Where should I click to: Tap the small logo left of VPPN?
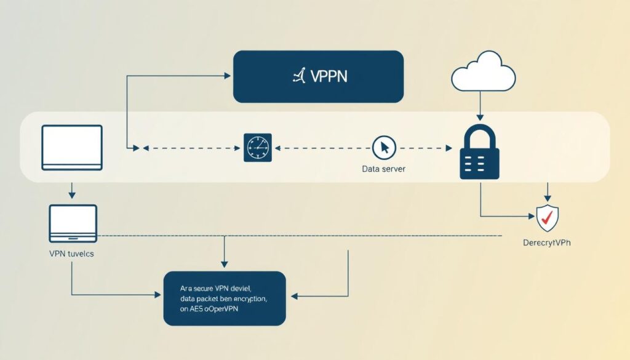(x=299, y=76)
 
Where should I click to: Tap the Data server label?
(x=384, y=169)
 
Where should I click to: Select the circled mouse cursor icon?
(x=385, y=148)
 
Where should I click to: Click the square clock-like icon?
(x=257, y=148)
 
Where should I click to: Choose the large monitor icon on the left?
(x=72, y=148)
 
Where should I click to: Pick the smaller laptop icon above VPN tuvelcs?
(x=73, y=223)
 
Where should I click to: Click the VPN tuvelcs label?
(x=72, y=254)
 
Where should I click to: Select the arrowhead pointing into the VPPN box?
(x=226, y=76)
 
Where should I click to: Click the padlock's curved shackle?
(x=480, y=133)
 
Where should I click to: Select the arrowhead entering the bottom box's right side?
(x=294, y=297)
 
